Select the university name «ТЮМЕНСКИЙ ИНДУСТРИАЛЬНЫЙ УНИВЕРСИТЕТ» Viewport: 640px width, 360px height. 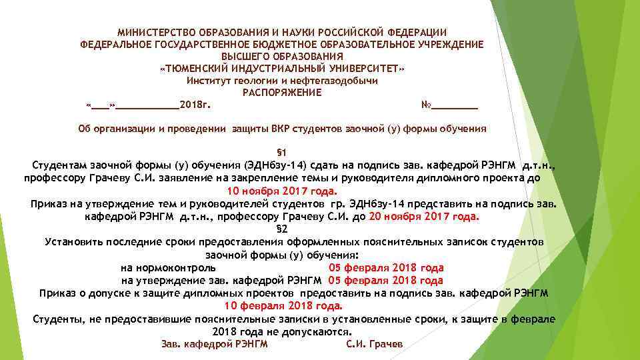pos(282,69)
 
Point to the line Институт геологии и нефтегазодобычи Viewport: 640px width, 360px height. pos(282,81)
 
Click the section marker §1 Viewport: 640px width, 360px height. pos(281,152)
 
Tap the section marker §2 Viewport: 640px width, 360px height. pos(281,229)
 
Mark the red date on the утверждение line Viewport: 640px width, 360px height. pos(385,281)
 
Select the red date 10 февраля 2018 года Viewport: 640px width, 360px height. pos(283,306)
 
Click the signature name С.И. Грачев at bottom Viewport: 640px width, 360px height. pos(375,344)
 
